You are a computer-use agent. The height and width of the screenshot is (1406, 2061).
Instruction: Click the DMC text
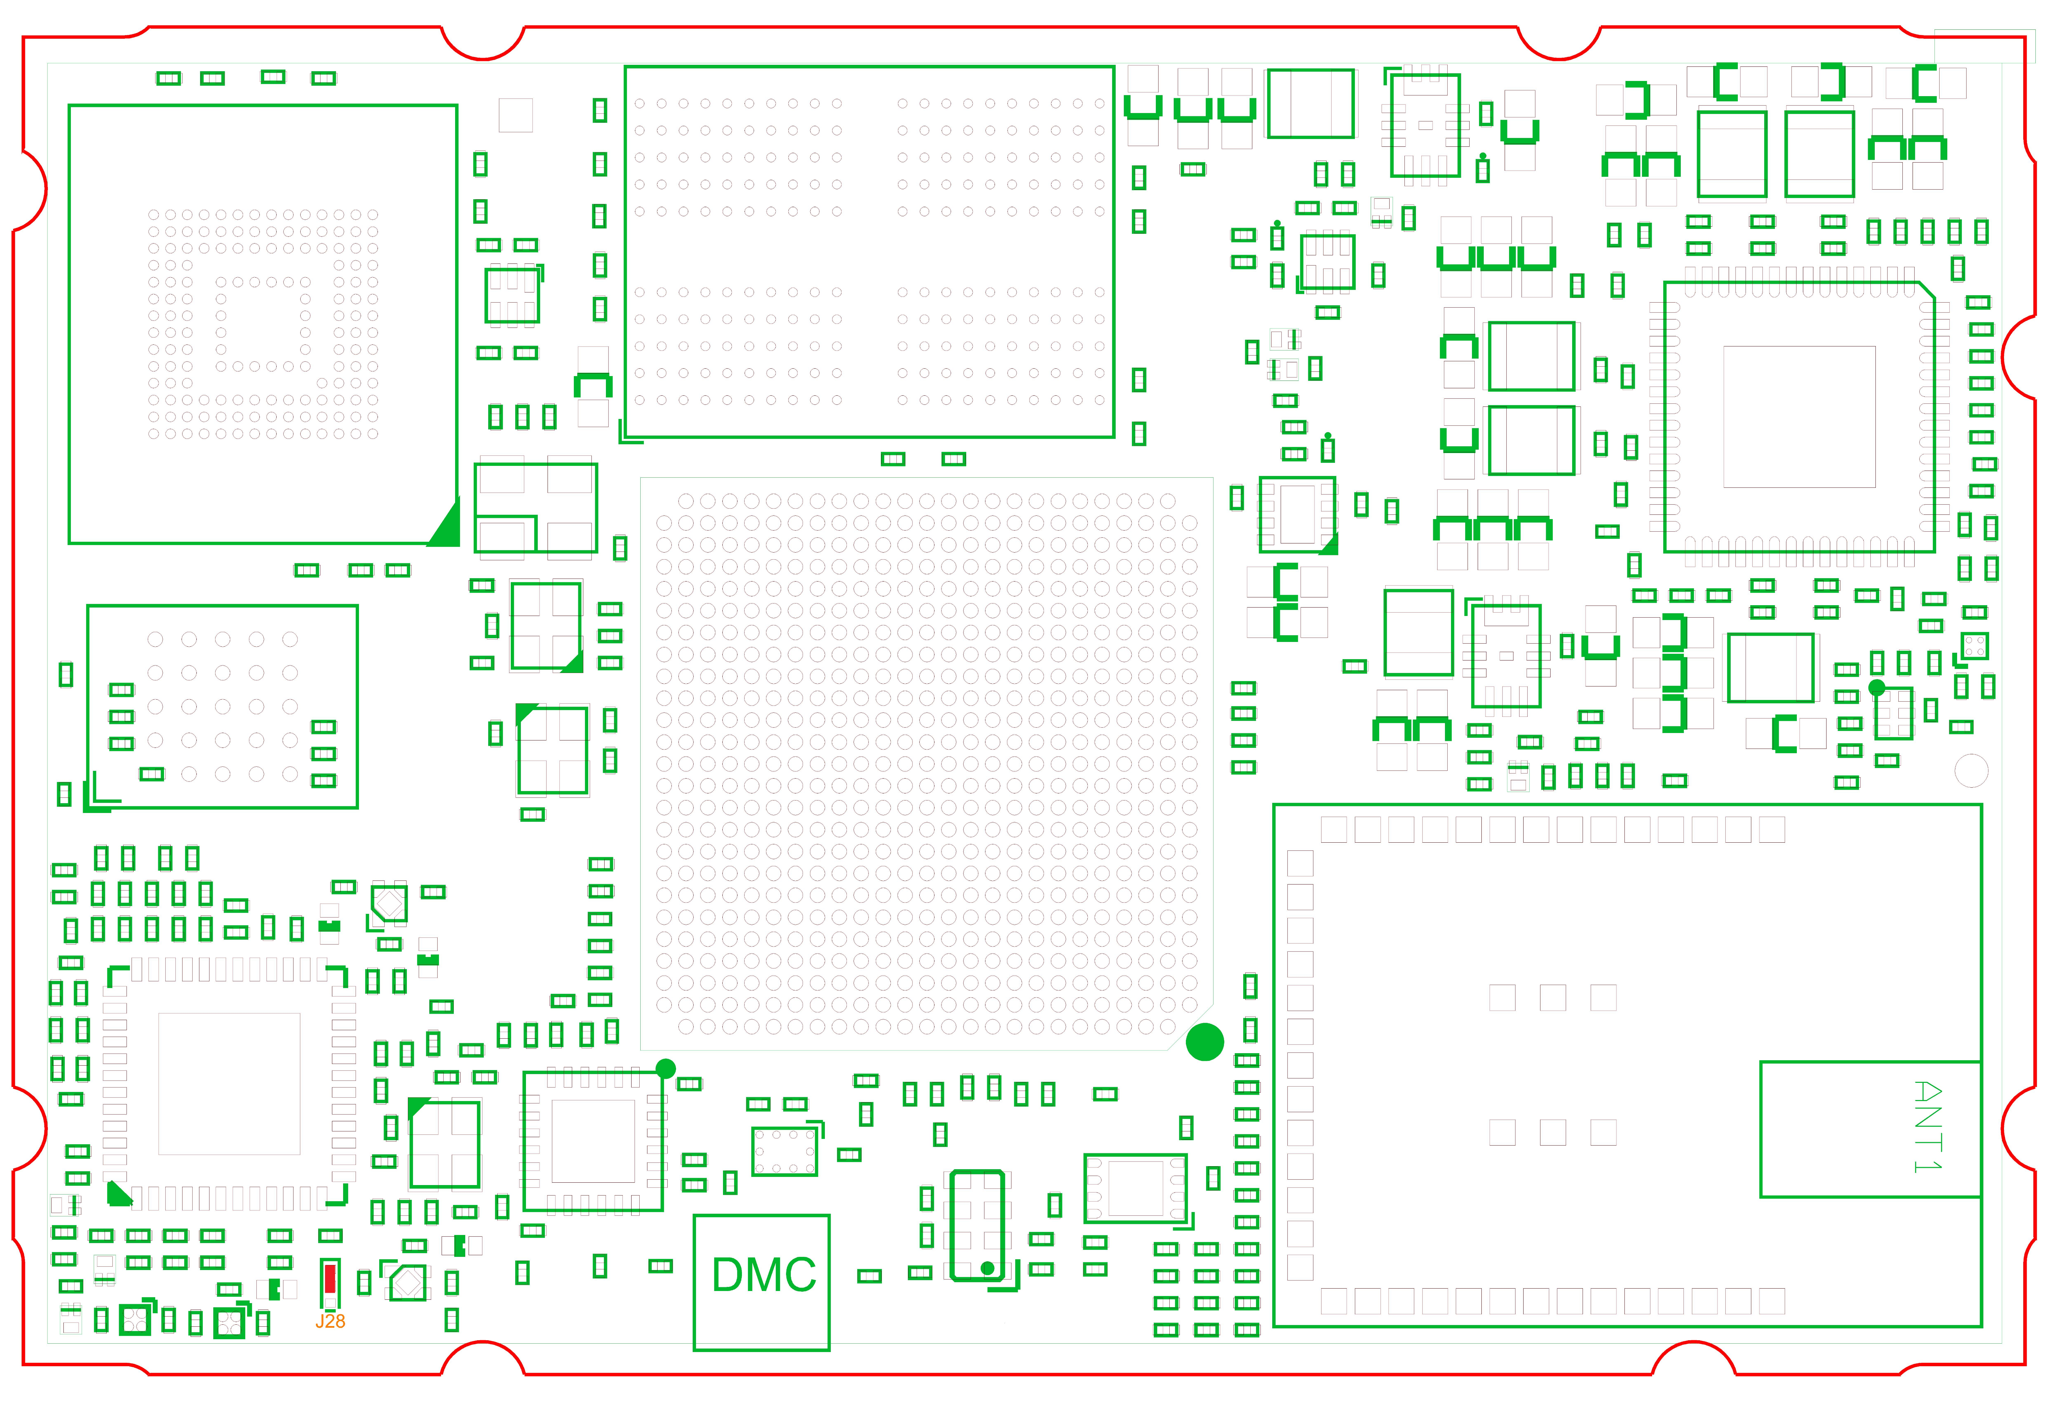763,1275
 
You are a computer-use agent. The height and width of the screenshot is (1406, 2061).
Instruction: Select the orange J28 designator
330,1321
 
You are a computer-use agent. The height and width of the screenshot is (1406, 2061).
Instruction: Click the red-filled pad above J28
330,1278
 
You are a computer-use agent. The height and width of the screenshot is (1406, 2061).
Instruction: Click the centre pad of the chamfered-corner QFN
1799,417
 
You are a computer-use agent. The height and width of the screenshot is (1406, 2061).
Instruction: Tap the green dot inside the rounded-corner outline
987,1269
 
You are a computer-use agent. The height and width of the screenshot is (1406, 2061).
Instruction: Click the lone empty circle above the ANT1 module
1971,770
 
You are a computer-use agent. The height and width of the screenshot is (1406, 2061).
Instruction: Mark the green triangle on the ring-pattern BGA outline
445,523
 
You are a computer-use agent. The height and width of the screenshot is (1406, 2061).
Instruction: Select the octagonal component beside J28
408,1283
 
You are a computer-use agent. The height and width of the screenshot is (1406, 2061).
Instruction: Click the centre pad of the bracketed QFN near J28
229,1083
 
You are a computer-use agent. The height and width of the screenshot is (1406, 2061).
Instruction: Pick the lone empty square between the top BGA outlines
515,115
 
